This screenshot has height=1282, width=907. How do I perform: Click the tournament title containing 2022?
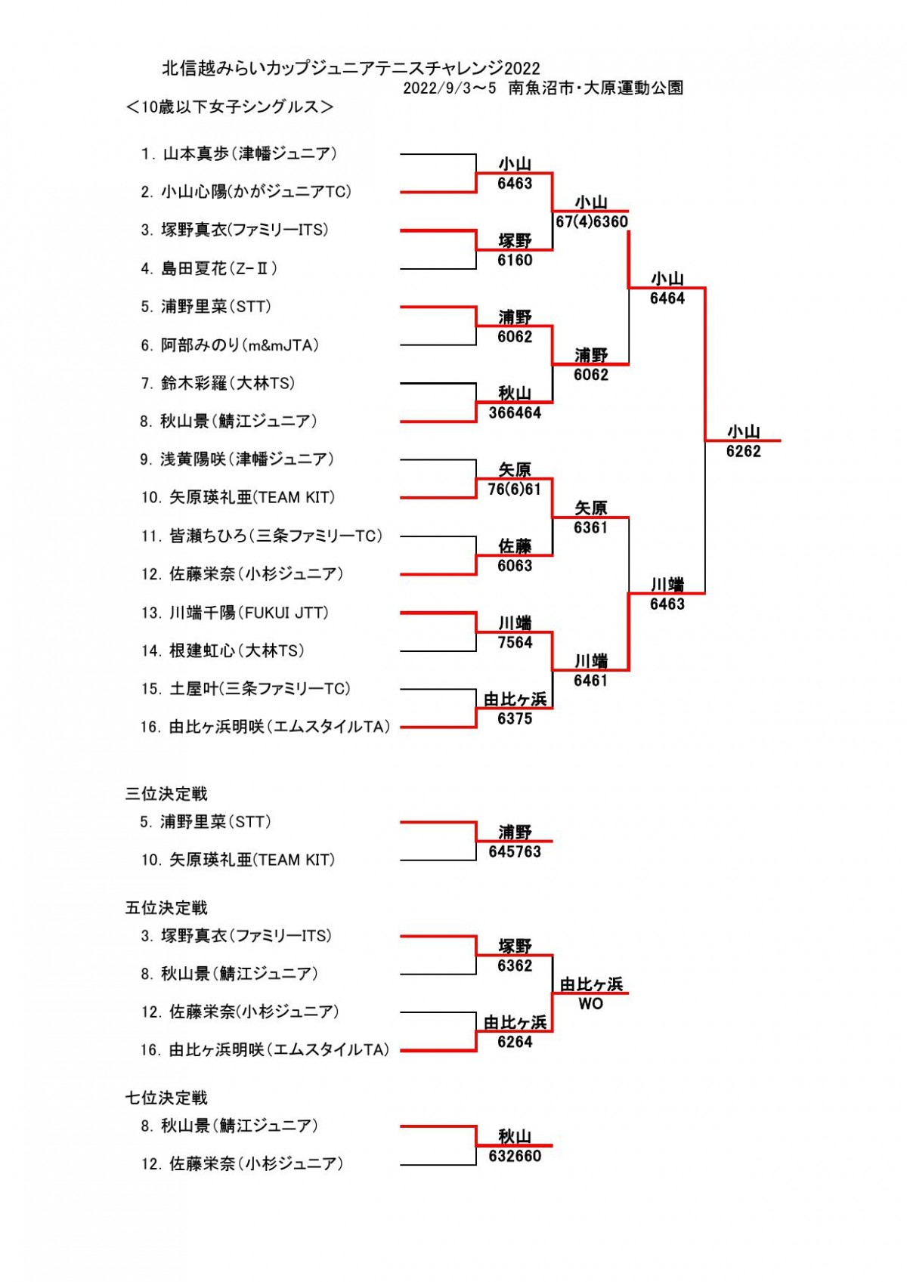[x=351, y=69]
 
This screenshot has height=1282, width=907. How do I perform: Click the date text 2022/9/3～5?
[x=450, y=88]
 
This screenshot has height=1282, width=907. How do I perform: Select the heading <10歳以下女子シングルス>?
[x=230, y=107]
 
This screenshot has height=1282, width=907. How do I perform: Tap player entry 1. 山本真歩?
[x=239, y=154]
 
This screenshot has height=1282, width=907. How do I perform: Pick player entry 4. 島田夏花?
[x=209, y=268]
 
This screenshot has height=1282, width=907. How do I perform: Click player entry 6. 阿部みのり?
[x=230, y=345]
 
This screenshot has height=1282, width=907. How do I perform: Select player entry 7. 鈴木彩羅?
[x=218, y=384]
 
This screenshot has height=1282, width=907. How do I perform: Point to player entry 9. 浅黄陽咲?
[x=237, y=459]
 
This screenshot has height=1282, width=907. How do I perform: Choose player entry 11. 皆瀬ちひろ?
[x=262, y=536]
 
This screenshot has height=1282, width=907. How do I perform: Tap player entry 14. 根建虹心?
[x=223, y=650]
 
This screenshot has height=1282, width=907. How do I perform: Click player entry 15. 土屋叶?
[x=246, y=689]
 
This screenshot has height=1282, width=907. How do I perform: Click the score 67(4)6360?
[x=592, y=222]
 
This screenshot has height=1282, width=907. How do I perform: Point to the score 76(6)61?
[x=514, y=490]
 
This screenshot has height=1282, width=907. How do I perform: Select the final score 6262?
[x=743, y=452]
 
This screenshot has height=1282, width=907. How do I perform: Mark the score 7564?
[x=515, y=643]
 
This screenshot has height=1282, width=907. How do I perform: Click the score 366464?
[x=515, y=413]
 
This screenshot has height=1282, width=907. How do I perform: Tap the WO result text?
[x=591, y=1005]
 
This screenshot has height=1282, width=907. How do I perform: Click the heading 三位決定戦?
[x=166, y=794]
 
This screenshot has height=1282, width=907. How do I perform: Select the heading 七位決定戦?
[x=166, y=1098]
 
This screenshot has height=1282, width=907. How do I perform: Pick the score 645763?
[x=515, y=852]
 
